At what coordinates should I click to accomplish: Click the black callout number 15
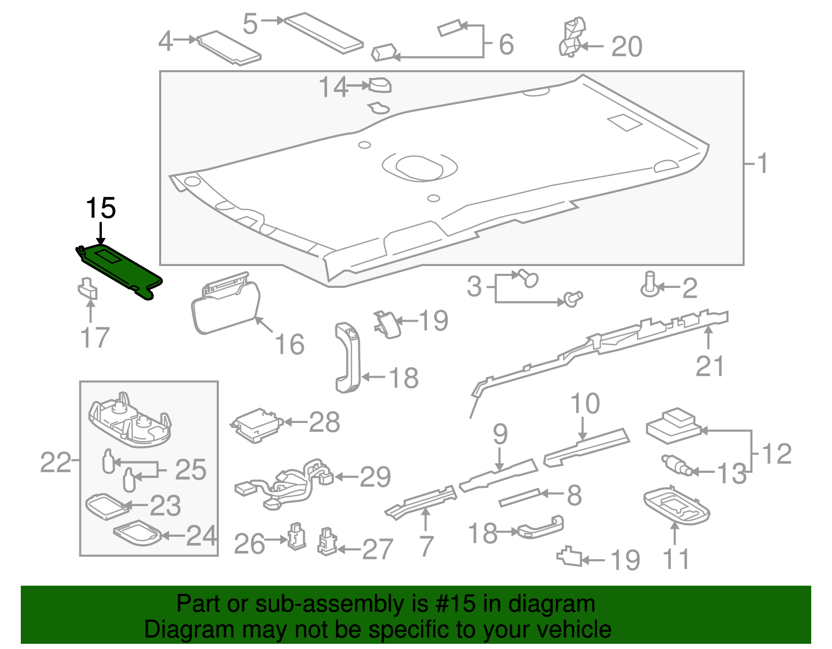pyautogui.click(x=100, y=208)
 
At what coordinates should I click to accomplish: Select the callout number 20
pyautogui.click(x=626, y=47)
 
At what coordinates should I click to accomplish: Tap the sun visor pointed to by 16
pyautogui.click(x=226, y=307)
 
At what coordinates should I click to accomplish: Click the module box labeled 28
pyautogui.click(x=256, y=425)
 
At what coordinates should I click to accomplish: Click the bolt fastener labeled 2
pyautogui.click(x=649, y=285)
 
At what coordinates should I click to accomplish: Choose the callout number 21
pyautogui.click(x=709, y=366)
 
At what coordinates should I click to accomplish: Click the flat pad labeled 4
pyautogui.click(x=229, y=48)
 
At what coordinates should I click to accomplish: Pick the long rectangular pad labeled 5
pyautogui.click(x=323, y=33)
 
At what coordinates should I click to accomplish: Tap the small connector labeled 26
pyautogui.click(x=296, y=536)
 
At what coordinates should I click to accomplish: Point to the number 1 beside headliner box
pyautogui.click(x=762, y=164)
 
